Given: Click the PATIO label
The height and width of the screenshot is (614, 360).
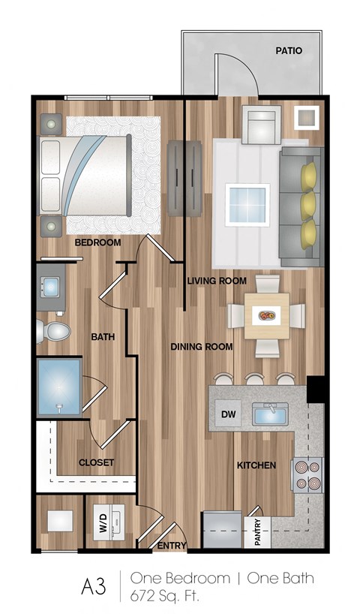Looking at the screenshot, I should pyautogui.click(x=289, y=52).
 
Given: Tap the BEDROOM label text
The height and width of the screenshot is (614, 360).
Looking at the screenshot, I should pyautogui.click(x=97, y=242).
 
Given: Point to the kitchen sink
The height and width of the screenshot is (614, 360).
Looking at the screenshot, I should pyautogui.click(x=271, y=414).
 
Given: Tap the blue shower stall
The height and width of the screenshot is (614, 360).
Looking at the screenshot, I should pyautogui.click(x=58, y=386).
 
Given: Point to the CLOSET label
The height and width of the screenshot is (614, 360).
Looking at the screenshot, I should pyautogui.click(x=97, y=463).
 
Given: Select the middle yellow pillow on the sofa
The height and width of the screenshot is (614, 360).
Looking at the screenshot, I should pyautogui.click(x=308, y=203).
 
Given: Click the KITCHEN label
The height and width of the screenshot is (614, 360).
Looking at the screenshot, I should pyautogui.click(x=256, y=465).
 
